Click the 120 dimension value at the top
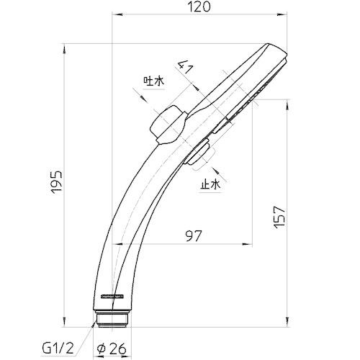click(x=199, y=6)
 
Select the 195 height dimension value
click(x=57, y=182)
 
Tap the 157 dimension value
click(x=280, y=217)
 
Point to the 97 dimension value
click(x=194, y=236)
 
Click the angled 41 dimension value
click(x=185, y=68)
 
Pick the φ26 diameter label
click(x=112, y=348)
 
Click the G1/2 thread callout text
click(x=58, y=348)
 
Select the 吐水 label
click(x=154, y=81)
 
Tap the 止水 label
click(x=210, y=185)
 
